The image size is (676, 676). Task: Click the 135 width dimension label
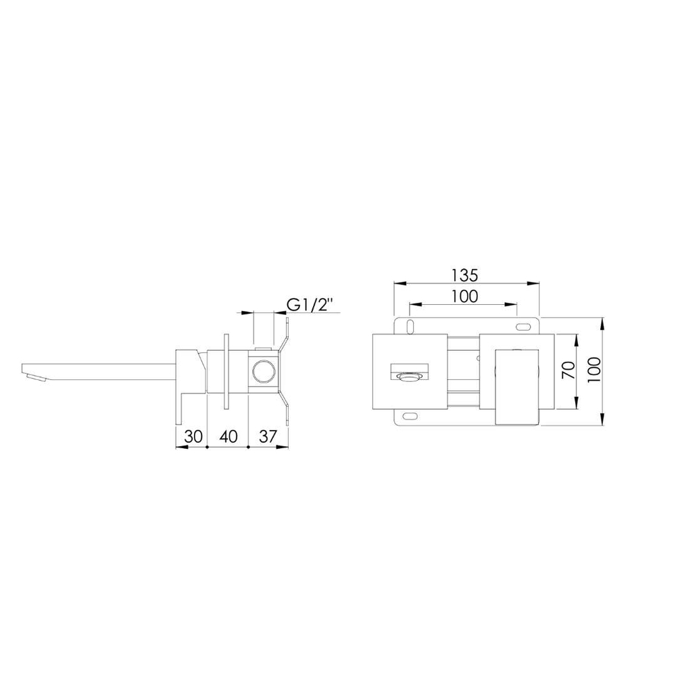tap(465, 274)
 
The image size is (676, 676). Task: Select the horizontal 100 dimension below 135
tap(465, 296)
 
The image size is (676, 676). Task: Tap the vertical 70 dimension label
tap(569, 370)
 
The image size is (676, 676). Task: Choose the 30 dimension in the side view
tap(193, 436)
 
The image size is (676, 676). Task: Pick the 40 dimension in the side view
tap(228, 436)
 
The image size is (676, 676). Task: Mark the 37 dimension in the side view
tap(268, 436)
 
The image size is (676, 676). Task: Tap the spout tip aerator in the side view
tap(37, 378)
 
